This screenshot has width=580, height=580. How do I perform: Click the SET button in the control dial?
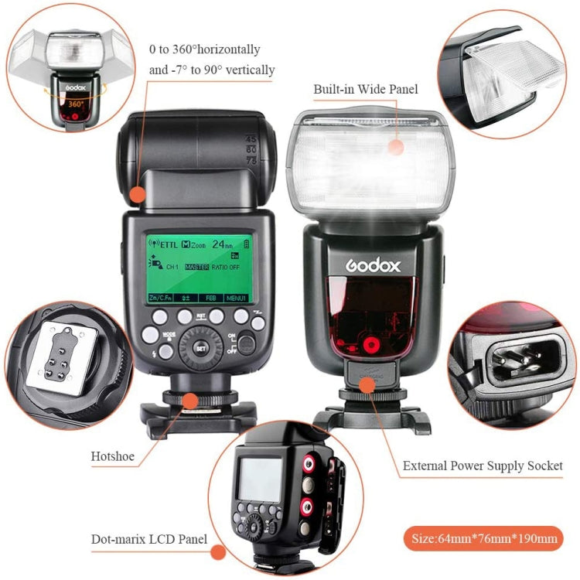click(x=201, y=347)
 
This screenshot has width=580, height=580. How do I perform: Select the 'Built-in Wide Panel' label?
click(x=365, y=90)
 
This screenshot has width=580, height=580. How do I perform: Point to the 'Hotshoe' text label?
click(x=111, y=456)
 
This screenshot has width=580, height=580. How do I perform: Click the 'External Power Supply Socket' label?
click(x=483, y=466)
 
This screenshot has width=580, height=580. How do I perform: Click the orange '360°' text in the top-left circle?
click(x=76, y=102)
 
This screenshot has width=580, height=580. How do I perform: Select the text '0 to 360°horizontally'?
click(x=205, y=49)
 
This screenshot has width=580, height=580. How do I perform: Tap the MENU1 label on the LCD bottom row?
click(x=235, y=298)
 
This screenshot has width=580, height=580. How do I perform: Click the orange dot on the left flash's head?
click(x=138, y=195)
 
